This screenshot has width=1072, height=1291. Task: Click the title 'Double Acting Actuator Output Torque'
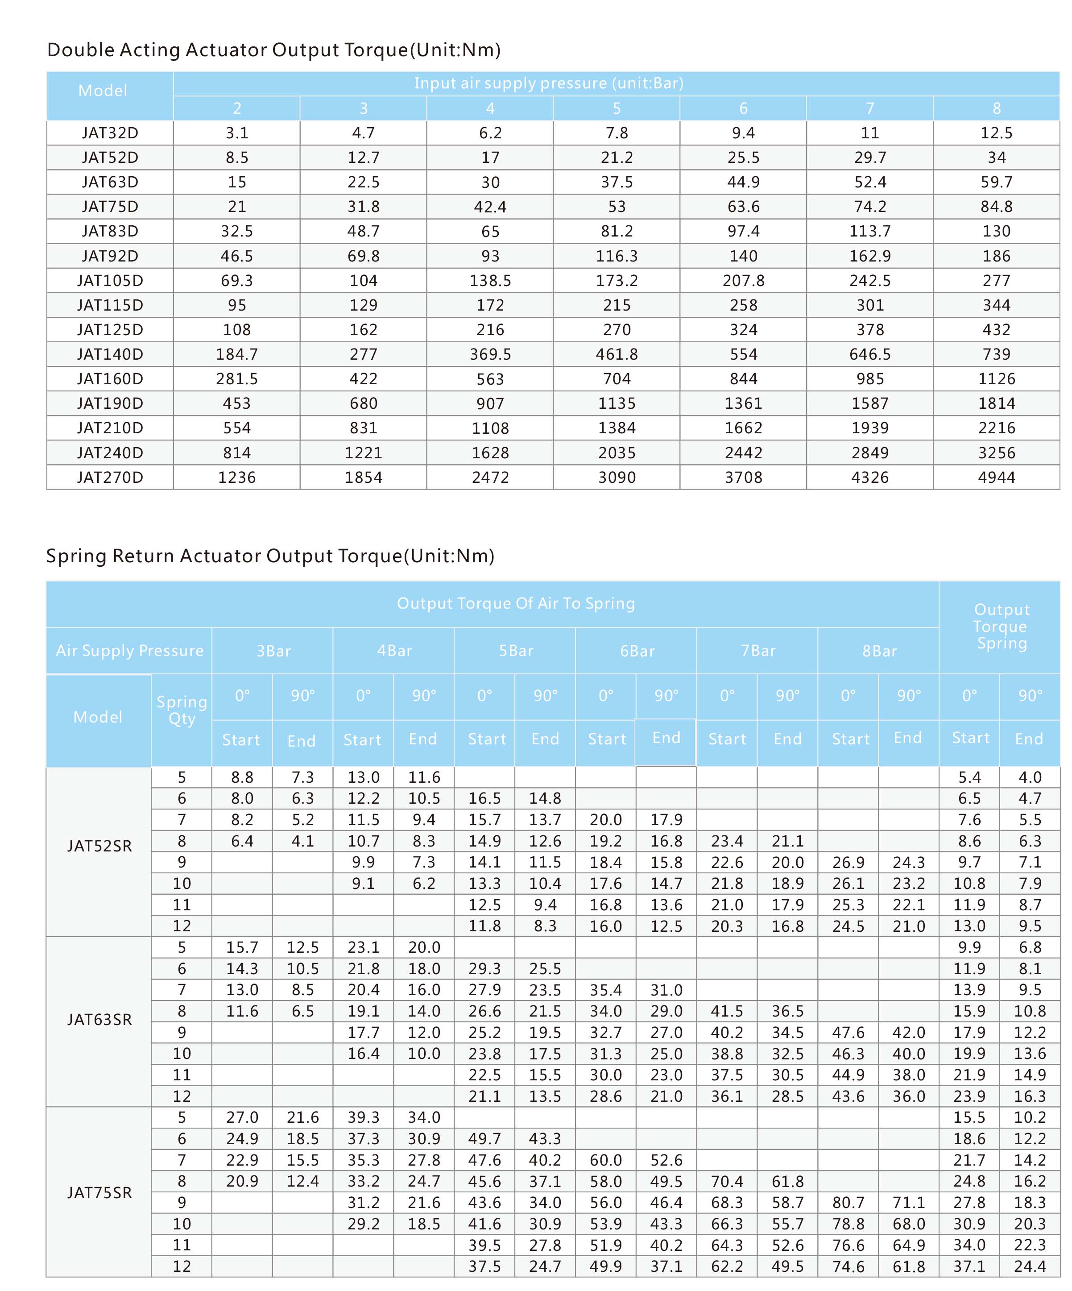coord(273,50)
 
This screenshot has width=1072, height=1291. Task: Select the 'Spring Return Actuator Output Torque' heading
coord(270,556)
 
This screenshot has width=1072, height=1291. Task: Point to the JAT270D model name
coord(110,477)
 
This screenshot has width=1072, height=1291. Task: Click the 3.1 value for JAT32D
coord(236,133)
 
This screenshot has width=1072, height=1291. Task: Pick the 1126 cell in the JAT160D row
coord(997,379)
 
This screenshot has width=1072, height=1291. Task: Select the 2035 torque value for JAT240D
coord(617,453)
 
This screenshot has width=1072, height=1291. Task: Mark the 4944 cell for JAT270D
coord(997,477)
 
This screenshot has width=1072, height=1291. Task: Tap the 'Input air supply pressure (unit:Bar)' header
coord(548,83)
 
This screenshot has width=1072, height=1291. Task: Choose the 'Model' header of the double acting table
coord(103,91)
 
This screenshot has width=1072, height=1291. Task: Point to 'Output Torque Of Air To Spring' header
coord(516,603)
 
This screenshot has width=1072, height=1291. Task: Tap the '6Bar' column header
coord(637,651)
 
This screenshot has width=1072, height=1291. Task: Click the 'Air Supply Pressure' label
coord(130,651)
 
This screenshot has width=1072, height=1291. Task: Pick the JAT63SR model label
coord(99,1019)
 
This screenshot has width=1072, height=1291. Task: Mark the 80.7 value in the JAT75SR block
coord(848,1203)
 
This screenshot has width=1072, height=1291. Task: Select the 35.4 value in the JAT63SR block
coord(606,990)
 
